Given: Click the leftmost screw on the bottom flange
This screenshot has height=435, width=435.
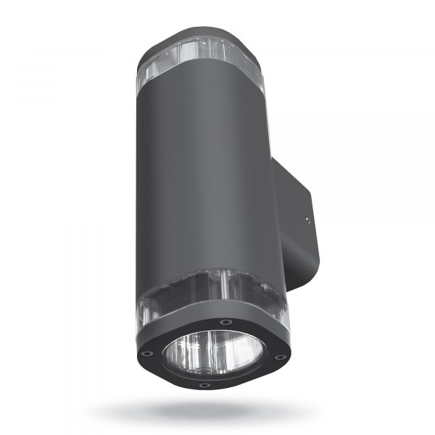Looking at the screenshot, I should tap(147, 354).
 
